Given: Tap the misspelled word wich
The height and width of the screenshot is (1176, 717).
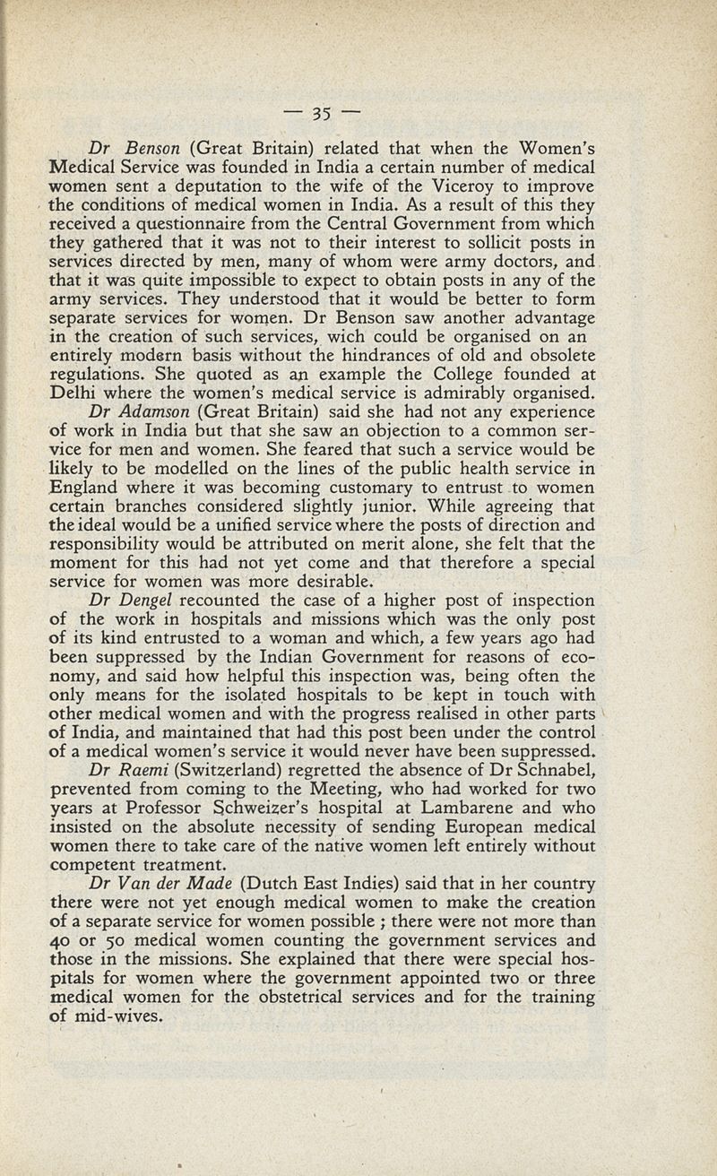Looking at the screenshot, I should [x=335, y=337].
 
